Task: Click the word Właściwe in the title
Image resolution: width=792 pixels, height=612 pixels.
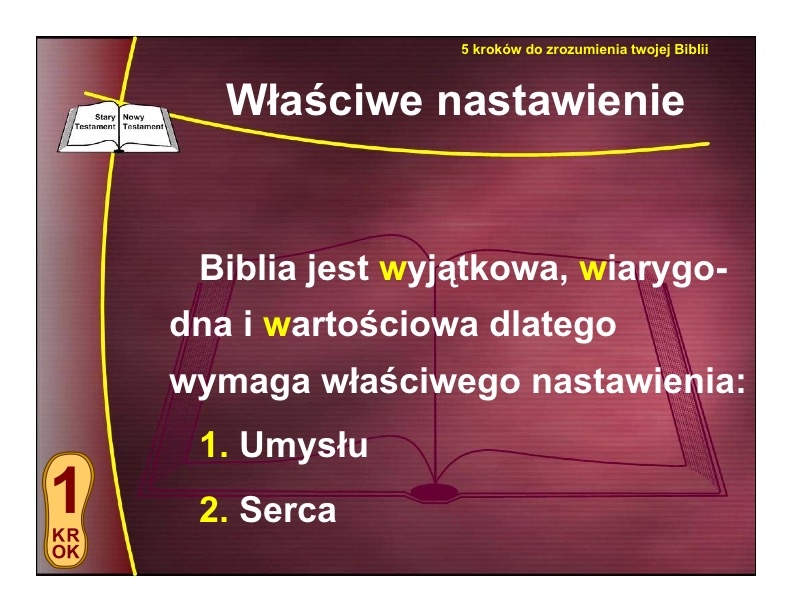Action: click(x=324, y=99)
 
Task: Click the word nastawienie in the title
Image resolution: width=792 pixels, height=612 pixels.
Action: click(x=560, y=100)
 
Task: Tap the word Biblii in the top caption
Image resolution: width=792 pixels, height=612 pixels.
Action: click(x=691, y=49)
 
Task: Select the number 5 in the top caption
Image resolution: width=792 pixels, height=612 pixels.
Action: click(x=465, y=49)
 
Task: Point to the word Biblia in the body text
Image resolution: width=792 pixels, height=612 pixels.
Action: click(x=248, y=268)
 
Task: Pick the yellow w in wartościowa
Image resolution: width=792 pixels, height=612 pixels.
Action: click(x=276, y=326)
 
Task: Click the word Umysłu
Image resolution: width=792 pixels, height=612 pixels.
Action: click(x=304, y=445)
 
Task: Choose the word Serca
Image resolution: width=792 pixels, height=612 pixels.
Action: click(x=287, y=509)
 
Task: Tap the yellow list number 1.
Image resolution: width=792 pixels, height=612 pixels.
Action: click(x=214, y=445)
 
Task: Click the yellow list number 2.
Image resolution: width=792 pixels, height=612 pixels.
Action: click(x=214, y=509)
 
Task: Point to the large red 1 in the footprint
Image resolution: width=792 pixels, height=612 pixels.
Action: click(x=66, y=489)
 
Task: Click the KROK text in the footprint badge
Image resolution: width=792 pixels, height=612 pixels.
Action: click(x=66, y=543)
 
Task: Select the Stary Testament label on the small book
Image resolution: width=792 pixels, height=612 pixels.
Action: click(x=95, y=122)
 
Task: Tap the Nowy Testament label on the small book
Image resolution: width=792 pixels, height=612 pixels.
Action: click(x=143, y=122)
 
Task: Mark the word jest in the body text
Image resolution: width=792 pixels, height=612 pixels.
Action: click(x=338, y=269)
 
